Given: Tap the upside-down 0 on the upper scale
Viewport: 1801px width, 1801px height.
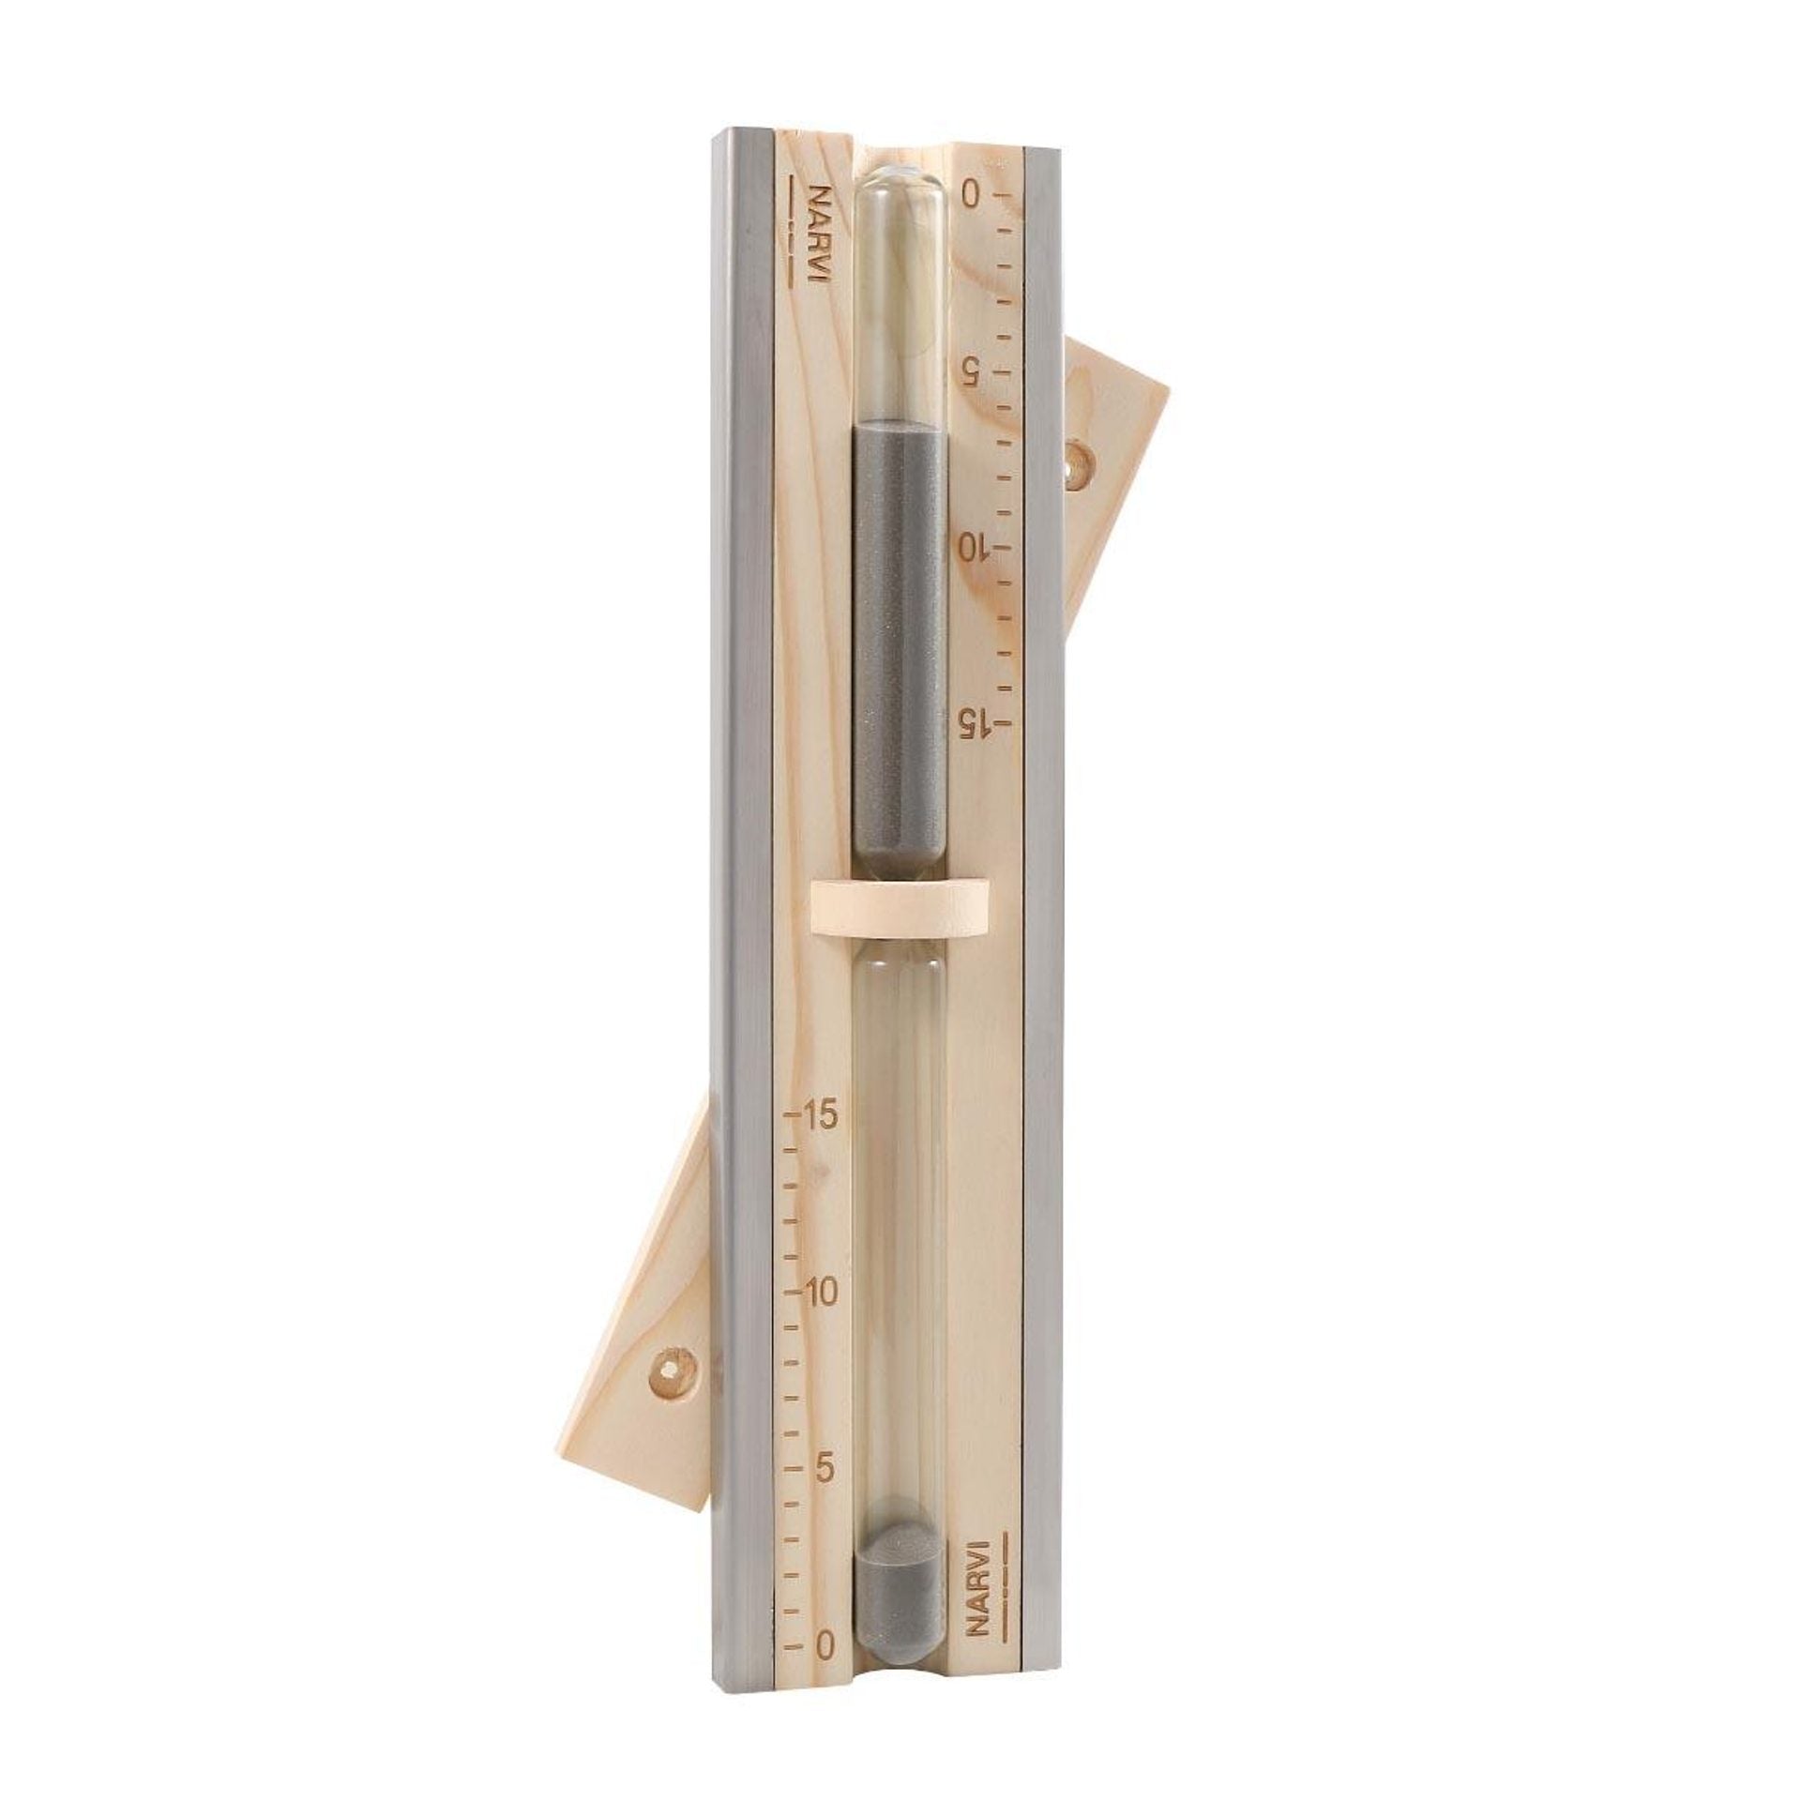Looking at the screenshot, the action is (969, 195).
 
